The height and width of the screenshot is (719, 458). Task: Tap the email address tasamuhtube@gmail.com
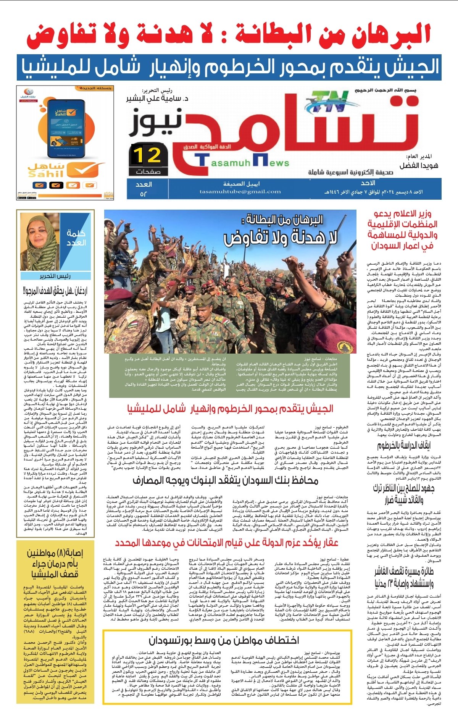click(x=240, y=192)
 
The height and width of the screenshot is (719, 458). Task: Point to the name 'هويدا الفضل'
click(x=419, y=165)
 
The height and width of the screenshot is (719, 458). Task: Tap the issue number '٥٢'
click(x=144, y=194)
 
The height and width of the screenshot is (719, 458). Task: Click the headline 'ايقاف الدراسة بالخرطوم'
click(x=404, y=446)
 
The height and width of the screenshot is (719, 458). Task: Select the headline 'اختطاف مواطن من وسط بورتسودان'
click(x=224, y=640)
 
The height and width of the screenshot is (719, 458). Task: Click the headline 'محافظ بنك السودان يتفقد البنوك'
click(x=225, y=480)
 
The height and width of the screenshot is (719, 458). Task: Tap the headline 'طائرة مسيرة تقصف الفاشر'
click(x=404, y=577)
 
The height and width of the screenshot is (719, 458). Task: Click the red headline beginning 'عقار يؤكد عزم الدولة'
click(x=227, y=543)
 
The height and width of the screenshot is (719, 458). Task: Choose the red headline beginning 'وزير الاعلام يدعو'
click(x=403, y=229)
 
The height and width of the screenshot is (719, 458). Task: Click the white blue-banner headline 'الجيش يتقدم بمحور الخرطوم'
click(x=229, y=68)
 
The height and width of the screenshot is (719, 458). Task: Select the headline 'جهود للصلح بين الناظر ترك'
click(x=404, y=493)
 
